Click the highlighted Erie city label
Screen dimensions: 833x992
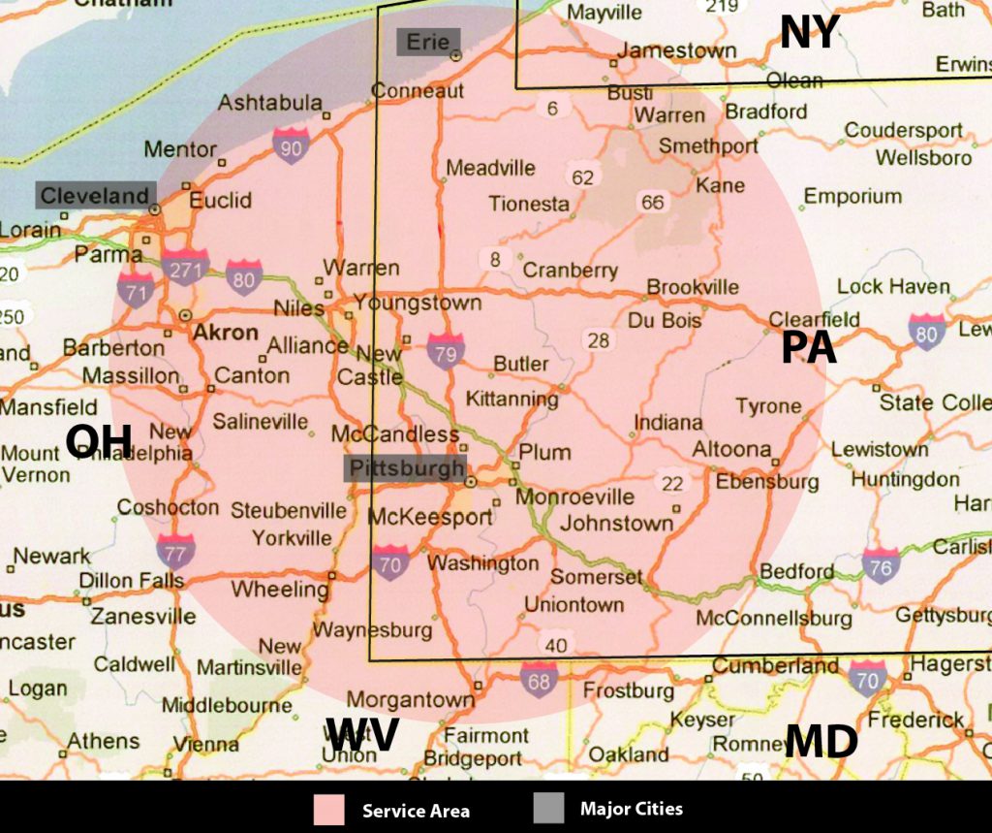(x=427, y=42)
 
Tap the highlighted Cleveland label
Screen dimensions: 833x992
(x=95, y=195)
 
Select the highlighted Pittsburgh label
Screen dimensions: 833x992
(x=406, y=469)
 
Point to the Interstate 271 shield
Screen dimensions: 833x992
(x=185, y=269)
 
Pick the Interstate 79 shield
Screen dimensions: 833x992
(x=445, y=351)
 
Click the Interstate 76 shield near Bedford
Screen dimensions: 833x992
(x=880, y=565)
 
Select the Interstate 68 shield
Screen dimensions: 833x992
(x=539, y=679)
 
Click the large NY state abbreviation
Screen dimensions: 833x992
(x=809, y=32)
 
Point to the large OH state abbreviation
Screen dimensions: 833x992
(x=98, y=442)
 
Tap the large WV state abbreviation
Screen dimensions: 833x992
(x=361, y=735)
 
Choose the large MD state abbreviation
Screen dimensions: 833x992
(x=821, y=742)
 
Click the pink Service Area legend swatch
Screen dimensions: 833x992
(x=328, y=810)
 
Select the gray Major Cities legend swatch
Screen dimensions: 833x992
(x=548, y=809)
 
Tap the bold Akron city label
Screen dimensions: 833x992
(x=226, y=333)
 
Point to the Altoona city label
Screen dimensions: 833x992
(x=731, y=449)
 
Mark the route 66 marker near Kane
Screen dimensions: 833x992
(x=652, y=202)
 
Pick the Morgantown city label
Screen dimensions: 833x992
(x=411, y=699)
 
